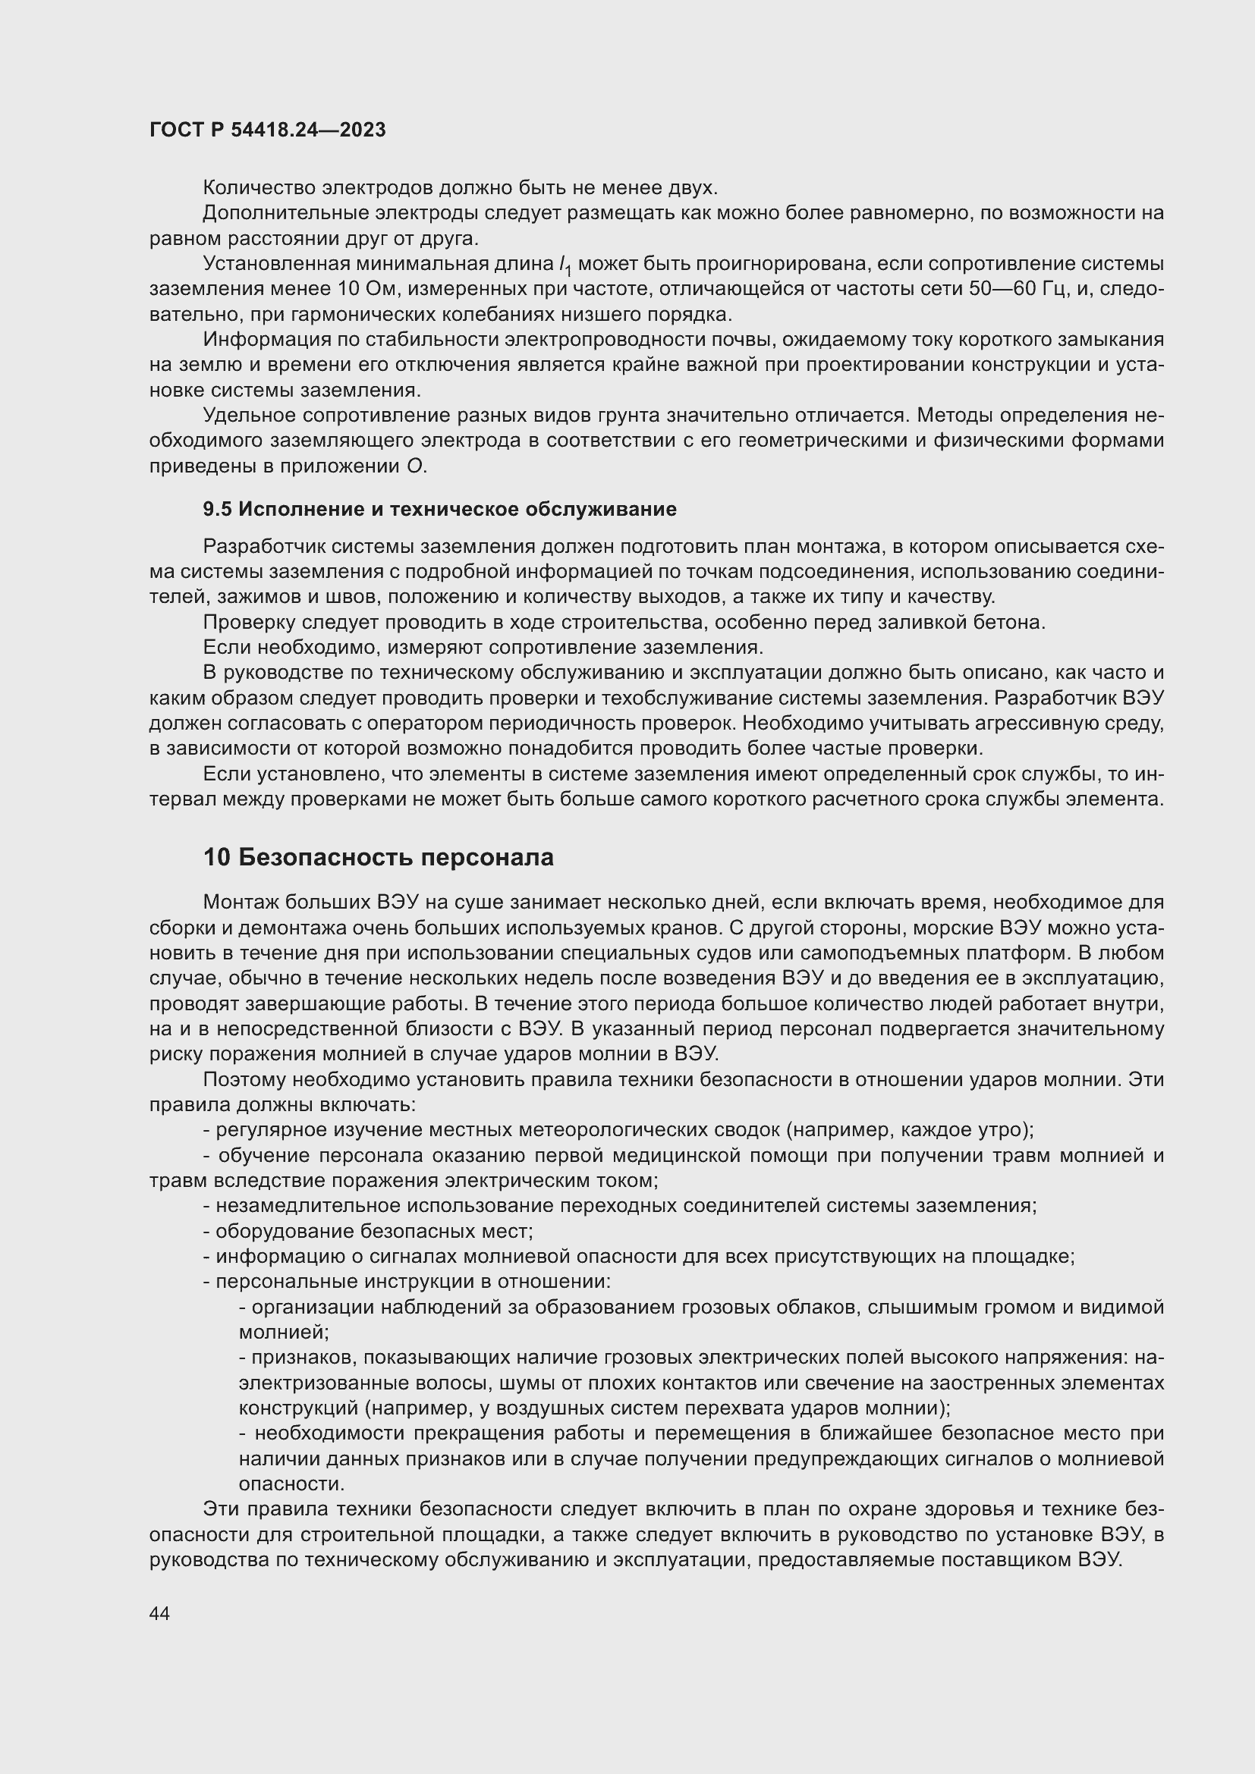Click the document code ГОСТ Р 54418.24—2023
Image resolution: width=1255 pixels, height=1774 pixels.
coord(267,130)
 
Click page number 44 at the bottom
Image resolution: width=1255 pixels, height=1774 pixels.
coord(159,1613)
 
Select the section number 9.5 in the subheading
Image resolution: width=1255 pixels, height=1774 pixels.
coord(217,509)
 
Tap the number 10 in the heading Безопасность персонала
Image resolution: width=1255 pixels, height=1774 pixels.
coord(216,858)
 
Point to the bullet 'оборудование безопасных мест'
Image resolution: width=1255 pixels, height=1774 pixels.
coord(373,1231)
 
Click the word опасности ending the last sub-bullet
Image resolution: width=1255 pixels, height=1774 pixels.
coord(291,1484)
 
